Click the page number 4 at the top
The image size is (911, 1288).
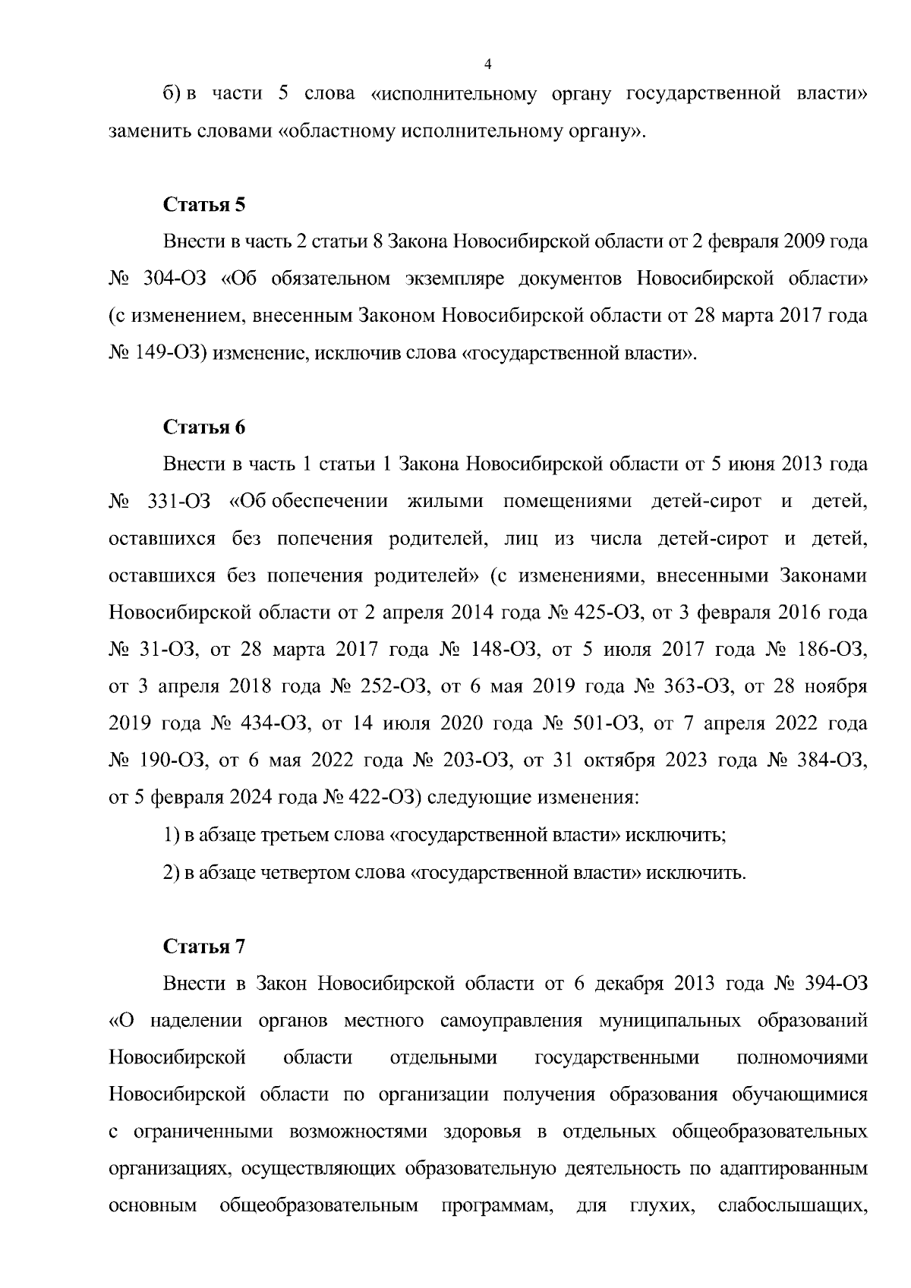pyautogui.click(x=487, y=64)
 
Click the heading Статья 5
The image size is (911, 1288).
pyautogui.click(x=205, y=205)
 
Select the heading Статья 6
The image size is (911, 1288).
pyautogui.click(x=205, y=427)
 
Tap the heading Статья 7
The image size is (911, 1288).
pyautogui.click(x=205, y=946)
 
